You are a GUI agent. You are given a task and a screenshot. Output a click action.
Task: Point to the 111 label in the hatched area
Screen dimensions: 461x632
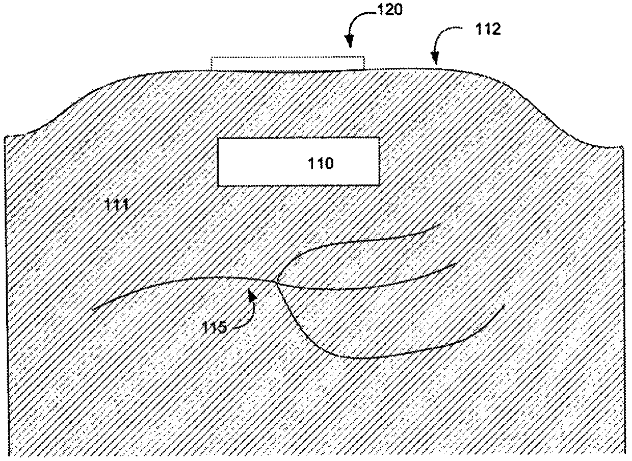(x=117, y=205)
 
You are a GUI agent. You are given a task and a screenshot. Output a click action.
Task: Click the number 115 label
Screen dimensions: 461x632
(x=214, y=327)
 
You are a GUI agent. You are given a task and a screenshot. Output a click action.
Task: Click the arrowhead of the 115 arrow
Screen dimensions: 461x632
(x=251, y=295)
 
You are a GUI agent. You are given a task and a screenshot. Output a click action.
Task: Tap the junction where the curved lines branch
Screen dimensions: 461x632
(x=276, y=280)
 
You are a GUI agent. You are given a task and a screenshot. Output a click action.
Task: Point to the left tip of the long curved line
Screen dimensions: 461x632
(x=93, y=309)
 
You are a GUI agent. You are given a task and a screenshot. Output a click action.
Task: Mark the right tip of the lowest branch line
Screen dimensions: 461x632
(x=504, y=305)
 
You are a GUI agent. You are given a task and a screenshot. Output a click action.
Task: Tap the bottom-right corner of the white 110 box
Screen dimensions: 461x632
(x=380, y=184)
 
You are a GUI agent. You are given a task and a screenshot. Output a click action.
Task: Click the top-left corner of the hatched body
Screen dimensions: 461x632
(x=6, y=136)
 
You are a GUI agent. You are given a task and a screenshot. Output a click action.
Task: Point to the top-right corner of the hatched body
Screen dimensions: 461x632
(x=623, y=148)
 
